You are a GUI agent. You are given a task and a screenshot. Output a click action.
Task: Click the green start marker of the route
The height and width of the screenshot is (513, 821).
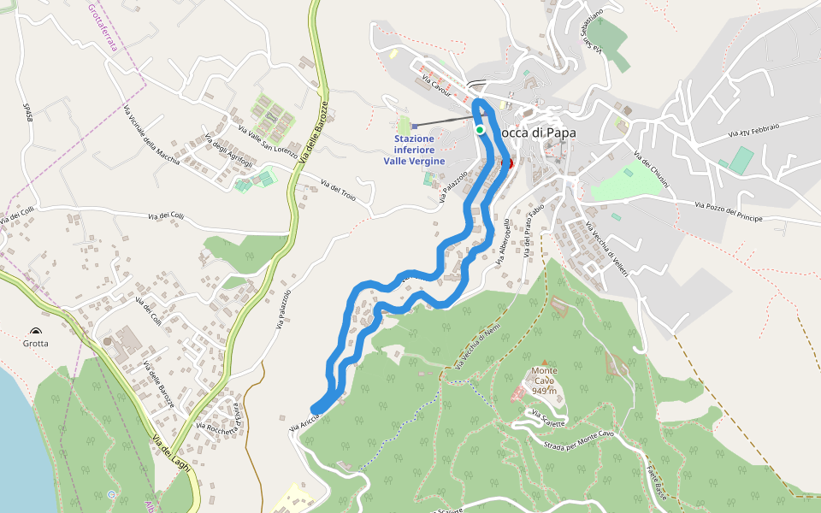tap(481, 130)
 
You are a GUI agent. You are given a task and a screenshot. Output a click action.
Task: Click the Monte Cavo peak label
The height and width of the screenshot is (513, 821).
tap(544, 380)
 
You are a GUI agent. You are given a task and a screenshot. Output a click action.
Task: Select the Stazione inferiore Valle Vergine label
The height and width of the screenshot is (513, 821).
tap(415, 149)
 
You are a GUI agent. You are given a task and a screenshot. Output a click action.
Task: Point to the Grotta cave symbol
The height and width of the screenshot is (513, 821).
tap(36, 331)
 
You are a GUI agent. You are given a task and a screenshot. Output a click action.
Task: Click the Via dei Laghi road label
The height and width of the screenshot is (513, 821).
tap(170, 451)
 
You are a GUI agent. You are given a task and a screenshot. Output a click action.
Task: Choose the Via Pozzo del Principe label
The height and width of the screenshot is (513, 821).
tap(728, 212)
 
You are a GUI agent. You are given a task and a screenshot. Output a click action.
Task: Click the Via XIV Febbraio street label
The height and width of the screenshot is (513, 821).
tap(753, 130)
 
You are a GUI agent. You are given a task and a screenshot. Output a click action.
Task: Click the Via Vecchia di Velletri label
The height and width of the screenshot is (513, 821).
tap(608, 249)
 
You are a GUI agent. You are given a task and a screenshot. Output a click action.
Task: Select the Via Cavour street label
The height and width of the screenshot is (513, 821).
tap(437, 86)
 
